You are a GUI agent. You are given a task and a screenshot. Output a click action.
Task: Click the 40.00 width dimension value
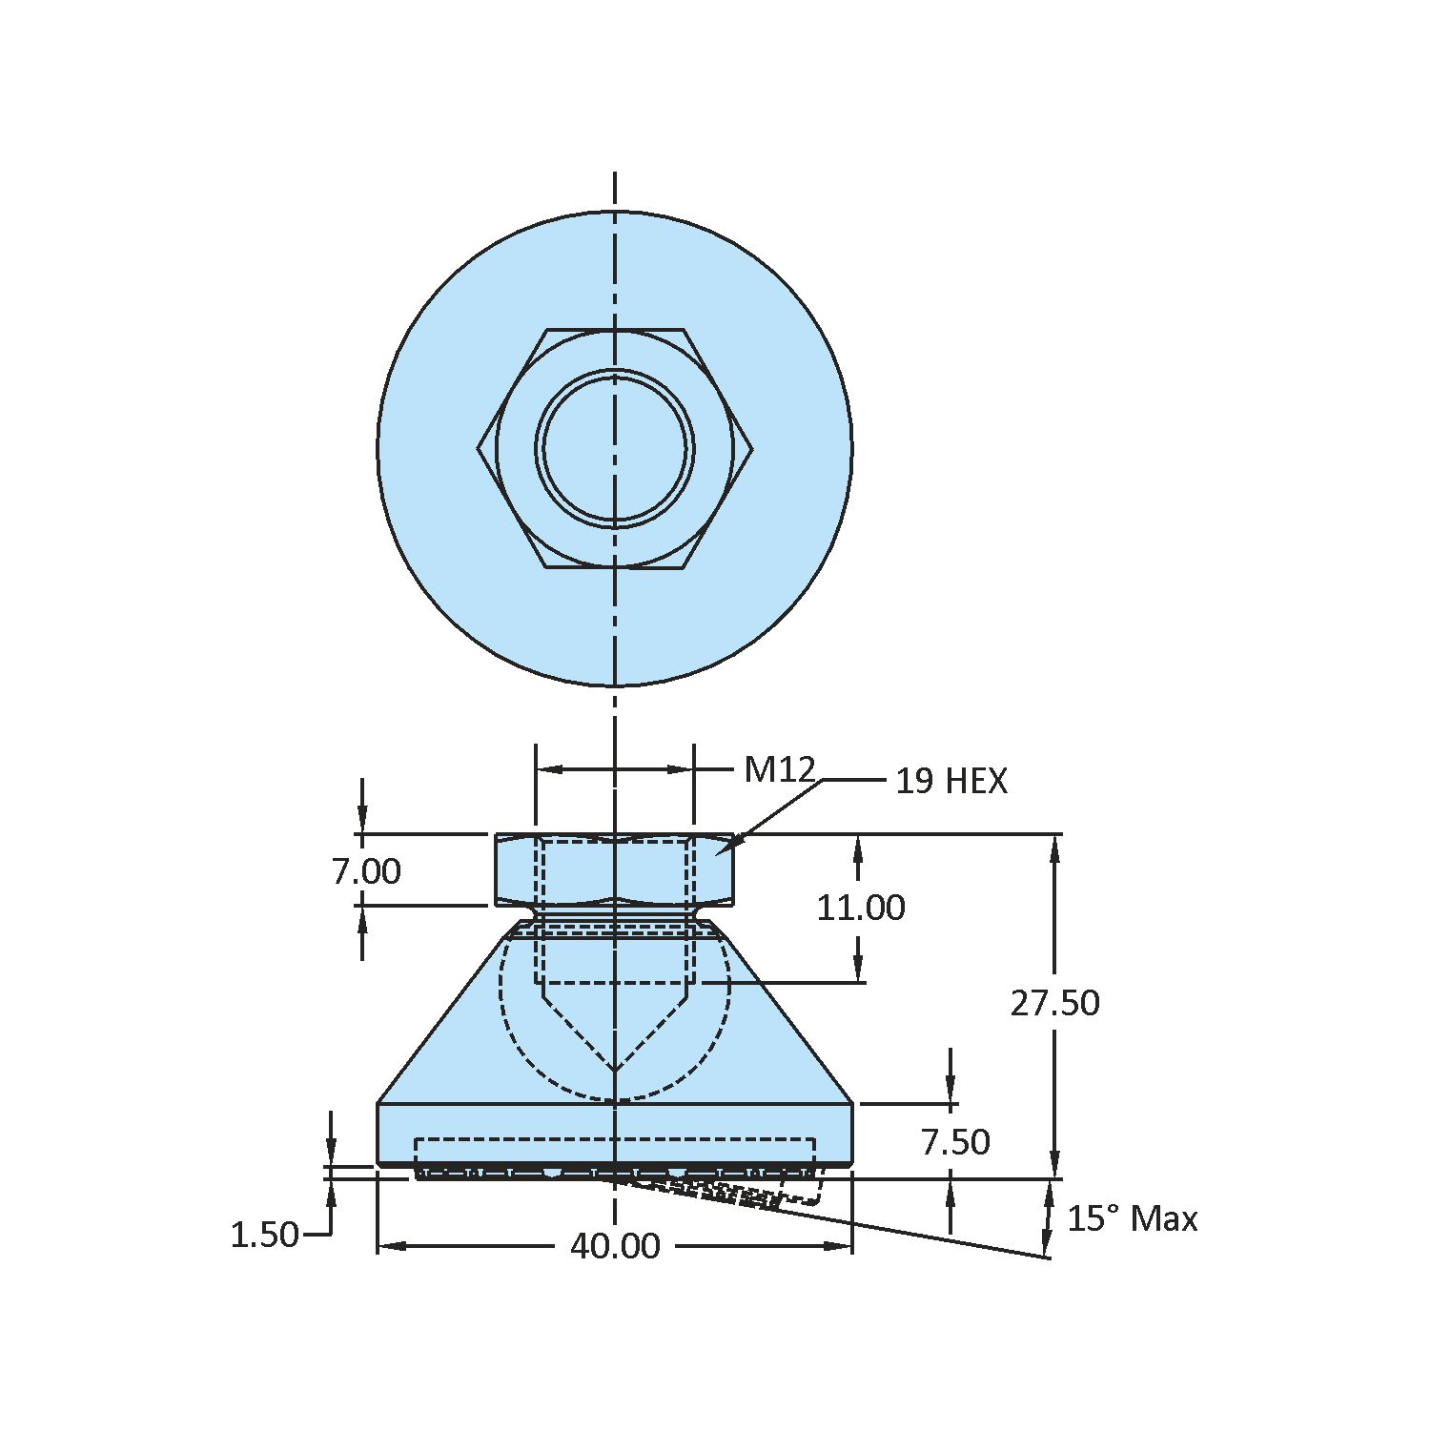pos(615,1246)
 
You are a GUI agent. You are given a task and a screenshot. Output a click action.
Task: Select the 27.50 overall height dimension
pos(1054,1003)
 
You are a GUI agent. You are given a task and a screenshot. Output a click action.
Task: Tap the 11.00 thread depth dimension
pos(860,908)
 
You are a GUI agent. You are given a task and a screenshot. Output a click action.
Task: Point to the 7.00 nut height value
pos(366,871)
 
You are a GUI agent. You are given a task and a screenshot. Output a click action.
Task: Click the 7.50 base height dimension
pos(955,1142)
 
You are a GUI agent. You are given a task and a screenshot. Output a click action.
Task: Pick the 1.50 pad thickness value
pos(264,1236)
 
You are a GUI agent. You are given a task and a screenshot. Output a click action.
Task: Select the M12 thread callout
pos(779,769)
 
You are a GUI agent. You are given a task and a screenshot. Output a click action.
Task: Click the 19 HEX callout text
pos(951,782)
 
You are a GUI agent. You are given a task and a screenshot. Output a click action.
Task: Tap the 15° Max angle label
pos(1132,1219)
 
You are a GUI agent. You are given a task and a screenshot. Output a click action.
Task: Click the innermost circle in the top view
pos(615,448)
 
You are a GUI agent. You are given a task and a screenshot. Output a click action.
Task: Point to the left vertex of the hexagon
pos(479,448)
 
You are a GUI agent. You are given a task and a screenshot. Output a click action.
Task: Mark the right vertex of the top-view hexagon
pos(752,448)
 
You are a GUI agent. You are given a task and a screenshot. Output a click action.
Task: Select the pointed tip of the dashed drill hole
pos(615,1070)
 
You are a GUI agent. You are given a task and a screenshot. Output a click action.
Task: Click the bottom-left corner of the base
pos(379,1163)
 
